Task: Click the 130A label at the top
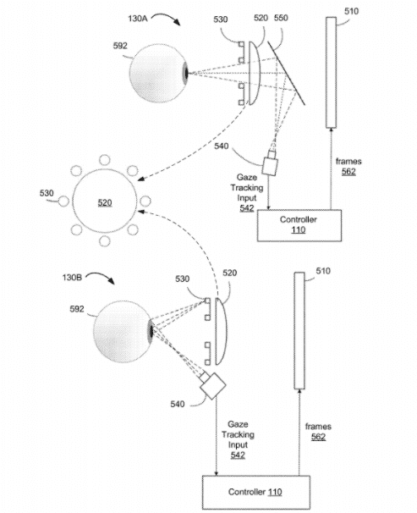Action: [x=138, y=19]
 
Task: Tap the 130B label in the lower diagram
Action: [x=72, y=278]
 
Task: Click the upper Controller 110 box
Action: [x=299, y=225]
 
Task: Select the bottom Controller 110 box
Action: [x=256, y=492]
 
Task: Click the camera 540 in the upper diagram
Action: [x=271, y=164]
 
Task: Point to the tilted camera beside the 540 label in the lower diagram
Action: [x=212, y=385]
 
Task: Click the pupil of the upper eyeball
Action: [x=186, y=74]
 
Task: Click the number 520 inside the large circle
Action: [x=105, y=203]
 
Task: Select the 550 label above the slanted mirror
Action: [x=281, y=18]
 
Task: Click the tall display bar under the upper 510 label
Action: [x=331, y=72]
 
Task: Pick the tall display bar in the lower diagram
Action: [x=299, y=330]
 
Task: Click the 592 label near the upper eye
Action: [x=120, y=46]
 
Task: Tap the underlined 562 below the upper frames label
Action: [x=348, y=172]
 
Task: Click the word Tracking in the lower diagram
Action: [x=238, y=434]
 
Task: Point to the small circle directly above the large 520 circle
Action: [x=105, y=160]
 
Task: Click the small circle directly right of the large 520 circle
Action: [x=145, y=201]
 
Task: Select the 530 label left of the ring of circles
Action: [x=47, y=193]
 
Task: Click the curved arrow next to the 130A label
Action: [x=166, y=18]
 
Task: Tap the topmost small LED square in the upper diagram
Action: [x=241, y=44]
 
